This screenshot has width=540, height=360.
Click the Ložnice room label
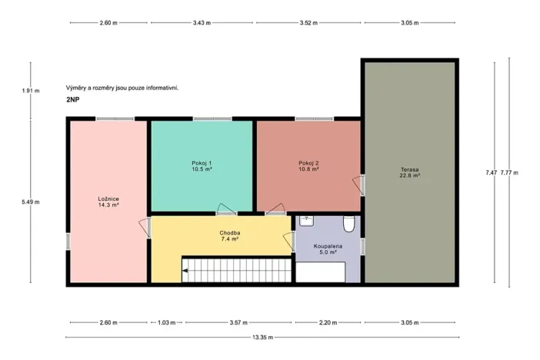[108, 202]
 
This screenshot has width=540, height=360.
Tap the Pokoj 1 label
[202, 165]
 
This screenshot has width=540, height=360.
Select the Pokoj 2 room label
[308, 165]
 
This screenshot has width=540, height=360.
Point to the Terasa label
[409, 172]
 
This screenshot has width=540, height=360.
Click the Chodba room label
[229, 236]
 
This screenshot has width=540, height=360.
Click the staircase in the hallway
[237, 270]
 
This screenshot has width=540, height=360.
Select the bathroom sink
[308, 221]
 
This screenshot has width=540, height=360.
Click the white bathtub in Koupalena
[321, 272]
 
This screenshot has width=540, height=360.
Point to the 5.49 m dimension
[31, 202]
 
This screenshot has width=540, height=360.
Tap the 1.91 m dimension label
[31, 91]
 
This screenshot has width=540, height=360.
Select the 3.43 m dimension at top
[203, 22]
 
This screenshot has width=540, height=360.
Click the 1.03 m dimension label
[168, 322]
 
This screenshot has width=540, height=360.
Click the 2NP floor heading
[74, 100]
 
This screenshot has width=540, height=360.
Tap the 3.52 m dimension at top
[308, 22]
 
